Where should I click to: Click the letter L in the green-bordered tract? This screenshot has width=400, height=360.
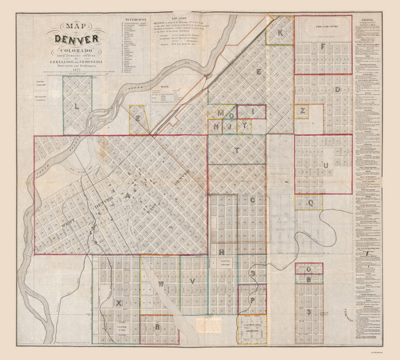click(x=77, y=105)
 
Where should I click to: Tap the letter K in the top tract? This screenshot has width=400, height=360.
click(x=281, y=33)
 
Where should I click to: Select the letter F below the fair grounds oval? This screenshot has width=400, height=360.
click(x=322, y=47)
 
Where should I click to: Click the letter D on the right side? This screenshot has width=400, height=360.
click(x=338, y=89)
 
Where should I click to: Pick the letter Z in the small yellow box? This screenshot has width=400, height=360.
click(x=302, y=110)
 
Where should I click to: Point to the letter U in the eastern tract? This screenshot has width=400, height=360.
click(x=325, y=163)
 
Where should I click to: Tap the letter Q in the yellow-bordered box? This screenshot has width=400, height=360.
click(x=310, y=202)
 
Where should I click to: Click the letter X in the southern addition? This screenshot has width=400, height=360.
click(x=119, y=303)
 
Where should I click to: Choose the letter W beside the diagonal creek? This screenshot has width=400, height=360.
click(x=161, y=283)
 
